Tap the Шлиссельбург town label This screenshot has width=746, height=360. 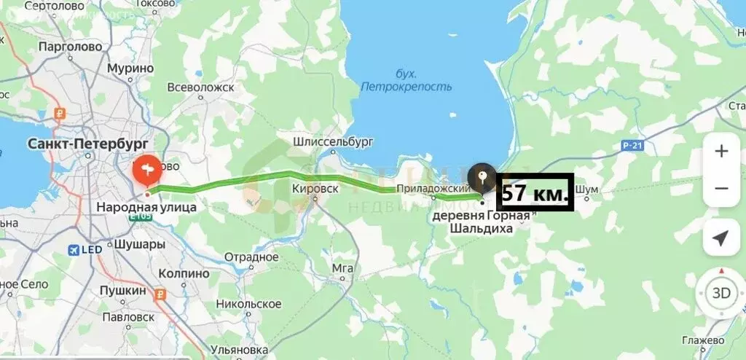tap(333, 141)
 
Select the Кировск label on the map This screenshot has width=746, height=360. tap(315, 188)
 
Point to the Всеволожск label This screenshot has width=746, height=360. tap(200, 87)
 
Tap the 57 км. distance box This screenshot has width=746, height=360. tap(535, 193)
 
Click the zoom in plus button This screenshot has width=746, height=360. tap(721, 152)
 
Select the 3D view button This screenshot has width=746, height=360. tap(721, 294)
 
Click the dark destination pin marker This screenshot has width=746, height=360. tap(481, 177)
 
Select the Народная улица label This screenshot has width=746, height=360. tap(146, 208)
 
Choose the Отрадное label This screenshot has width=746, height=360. tap(251, 257)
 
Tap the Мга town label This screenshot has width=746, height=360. tap(342, 267)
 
